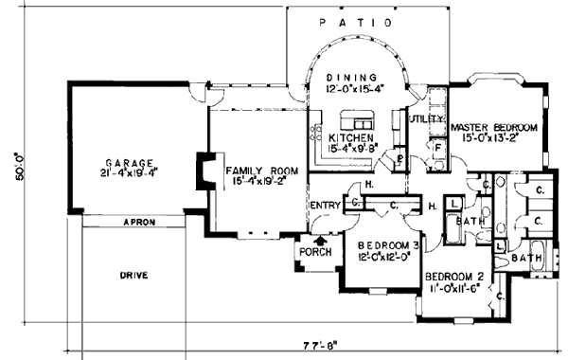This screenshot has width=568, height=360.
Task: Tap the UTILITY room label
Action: pyautogui.click(x=427, y=119)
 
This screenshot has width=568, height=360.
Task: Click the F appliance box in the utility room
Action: pyautogui.click(x=436, y=148)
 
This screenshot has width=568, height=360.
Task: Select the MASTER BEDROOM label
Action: pyautogui.click(x=494, y=126)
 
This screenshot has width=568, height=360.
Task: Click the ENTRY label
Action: pyautogui.click(x=324, y=204)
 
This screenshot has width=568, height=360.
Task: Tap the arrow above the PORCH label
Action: pyautogui.click(x=319, y=241)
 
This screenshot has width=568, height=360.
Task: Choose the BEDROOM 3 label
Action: pyautogui.click(x=382, y=245)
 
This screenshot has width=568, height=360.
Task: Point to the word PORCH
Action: pyautogui.click(x=313, y=253)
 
